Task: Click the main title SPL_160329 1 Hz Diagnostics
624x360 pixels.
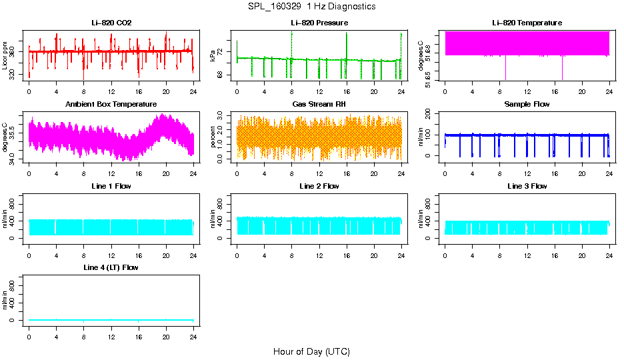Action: [x=311, y=6]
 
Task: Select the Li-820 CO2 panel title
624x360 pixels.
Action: [x=111, y=23]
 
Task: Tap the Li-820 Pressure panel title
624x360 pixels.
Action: [x=319, y=23]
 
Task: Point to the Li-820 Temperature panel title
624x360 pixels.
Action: [x=527, y=23]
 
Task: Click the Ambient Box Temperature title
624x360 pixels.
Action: [x=111, y=104]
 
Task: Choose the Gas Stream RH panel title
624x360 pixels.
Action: [x=319, y=104]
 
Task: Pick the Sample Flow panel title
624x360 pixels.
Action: [x=527, y=104]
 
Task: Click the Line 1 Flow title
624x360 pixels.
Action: [x=111, y=186]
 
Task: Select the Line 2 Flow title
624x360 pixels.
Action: [x=319, y=186]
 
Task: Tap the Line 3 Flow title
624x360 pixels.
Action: [x=527, y=186]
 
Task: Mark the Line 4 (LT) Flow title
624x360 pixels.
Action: [x=111, y=267]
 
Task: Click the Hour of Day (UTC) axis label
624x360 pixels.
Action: [x=311, y=351]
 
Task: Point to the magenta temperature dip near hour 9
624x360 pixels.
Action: [x=506, y=67]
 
